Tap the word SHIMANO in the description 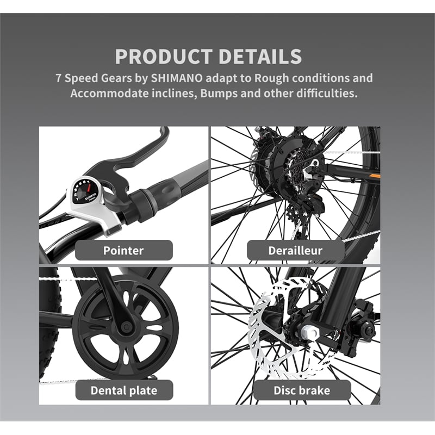179,78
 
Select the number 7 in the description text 59,78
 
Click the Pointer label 123,250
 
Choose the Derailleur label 295,250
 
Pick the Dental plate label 123,390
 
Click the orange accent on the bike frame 374,177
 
